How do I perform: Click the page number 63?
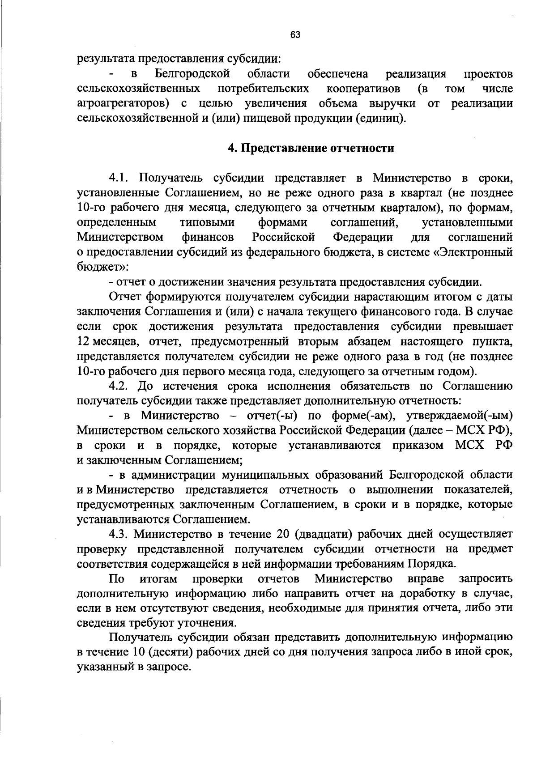point(295,34)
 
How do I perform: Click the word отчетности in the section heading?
point(362,148)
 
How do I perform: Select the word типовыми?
point(207,222)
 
